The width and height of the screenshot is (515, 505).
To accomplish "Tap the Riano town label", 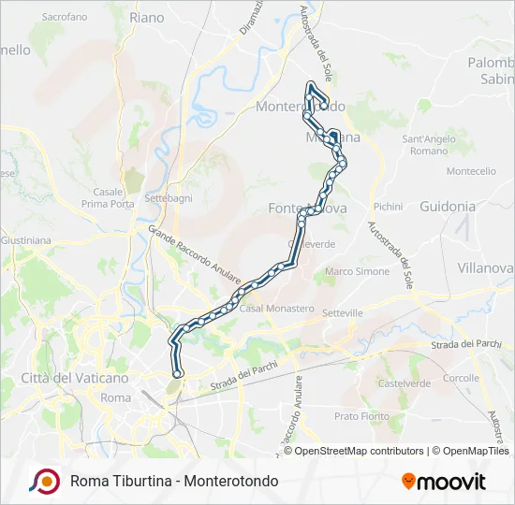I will pos(147,17).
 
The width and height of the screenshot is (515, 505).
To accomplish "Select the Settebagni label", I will pos(169,199).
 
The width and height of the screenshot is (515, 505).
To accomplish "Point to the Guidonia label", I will pos(448,206).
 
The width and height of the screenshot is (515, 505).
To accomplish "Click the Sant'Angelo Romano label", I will pos(429,145).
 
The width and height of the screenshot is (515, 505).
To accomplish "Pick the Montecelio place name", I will pos(471,171).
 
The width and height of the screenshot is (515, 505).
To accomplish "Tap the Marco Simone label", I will pos(357,271).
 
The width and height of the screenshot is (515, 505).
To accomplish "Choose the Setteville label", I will pos(341,312).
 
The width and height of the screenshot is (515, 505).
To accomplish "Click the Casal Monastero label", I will pos(277,308).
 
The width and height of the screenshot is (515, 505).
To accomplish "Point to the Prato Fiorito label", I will pos(360,415).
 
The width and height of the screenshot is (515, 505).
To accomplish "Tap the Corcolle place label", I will pos(461,378).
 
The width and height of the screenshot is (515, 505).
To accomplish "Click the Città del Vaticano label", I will pos(74,378).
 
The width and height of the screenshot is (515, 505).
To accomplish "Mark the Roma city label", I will pos(115,397).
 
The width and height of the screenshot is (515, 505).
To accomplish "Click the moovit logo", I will pos(444,482).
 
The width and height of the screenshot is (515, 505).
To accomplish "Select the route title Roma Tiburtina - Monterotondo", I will pos(173,482).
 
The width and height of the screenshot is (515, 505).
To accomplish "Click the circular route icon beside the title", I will pos(43,481).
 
